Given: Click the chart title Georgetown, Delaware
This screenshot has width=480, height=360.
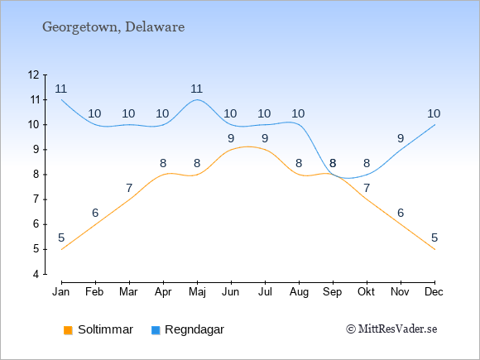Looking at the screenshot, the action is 113,27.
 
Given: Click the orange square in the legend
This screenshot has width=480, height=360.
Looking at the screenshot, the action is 68,330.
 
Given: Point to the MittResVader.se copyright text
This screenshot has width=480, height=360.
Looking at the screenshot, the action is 391,329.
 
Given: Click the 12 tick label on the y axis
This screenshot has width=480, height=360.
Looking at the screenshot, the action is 33,74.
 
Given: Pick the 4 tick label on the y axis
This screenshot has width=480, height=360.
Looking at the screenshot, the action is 36,274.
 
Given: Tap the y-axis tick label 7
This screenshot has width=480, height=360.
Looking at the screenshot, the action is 36,199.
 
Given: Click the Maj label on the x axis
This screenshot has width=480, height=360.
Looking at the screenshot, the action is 197,292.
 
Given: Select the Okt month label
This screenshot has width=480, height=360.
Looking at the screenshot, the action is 367,292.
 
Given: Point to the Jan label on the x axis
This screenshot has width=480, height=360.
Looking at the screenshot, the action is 61,292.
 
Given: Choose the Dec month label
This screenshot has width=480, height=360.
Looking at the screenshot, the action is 434,292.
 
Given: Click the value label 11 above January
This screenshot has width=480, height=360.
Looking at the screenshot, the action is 61,89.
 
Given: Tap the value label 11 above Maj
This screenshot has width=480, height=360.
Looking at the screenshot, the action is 196,89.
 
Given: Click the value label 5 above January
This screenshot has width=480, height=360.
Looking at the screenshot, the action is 61,238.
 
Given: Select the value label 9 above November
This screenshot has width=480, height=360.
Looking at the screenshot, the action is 401,139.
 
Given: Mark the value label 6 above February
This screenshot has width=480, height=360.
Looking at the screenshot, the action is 95,213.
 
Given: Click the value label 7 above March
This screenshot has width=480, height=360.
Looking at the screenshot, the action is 129,188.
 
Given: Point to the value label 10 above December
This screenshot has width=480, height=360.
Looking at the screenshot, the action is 434,113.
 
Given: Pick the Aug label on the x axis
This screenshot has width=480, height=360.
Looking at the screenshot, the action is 299,292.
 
